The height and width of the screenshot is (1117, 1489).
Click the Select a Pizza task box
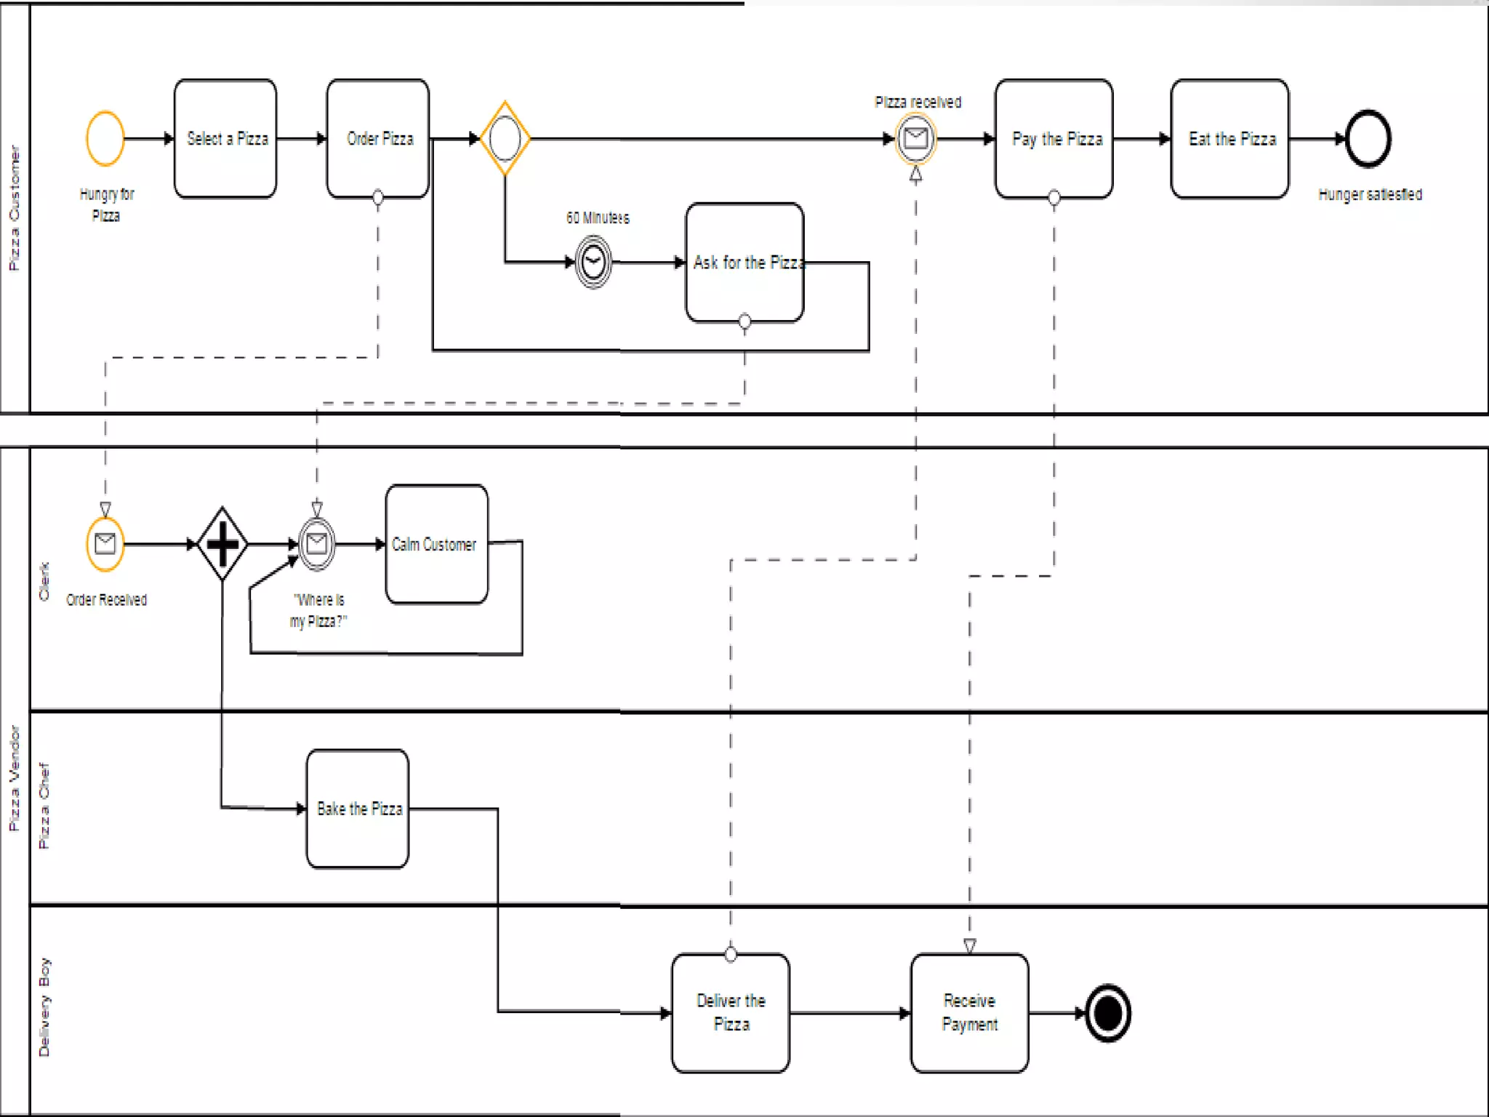[x=225, y=138]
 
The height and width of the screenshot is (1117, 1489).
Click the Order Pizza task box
[x=378, y=138]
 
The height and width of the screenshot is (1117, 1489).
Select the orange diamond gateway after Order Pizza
[x=505, y=138]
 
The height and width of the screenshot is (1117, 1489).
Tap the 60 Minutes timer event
[x=594, y=262]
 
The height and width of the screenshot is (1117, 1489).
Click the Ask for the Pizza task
[x=744, y=263]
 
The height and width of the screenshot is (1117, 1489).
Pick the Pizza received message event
[x=915, y=138]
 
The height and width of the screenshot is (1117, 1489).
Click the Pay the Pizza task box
[x=1054, y=138]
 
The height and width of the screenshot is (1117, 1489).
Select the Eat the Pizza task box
[x=1230, y=138]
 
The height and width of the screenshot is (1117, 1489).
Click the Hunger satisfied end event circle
[x=1368, y=138]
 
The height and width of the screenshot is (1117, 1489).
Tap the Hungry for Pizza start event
[x=105, y=138]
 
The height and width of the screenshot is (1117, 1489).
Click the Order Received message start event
[x=105, y=544]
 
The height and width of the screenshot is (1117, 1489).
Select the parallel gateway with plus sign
[x=222, y=544]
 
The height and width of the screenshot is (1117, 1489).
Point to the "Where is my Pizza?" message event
[x=317, y=544]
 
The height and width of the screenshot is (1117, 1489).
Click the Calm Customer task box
[x=436, y=544]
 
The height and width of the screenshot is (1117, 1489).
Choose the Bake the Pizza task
[x=358, y=809]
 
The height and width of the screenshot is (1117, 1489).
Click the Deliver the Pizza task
[x=731, y=1012]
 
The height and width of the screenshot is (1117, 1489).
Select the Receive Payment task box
[x=969, y=1012]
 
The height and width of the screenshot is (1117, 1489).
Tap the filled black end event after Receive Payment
[x=1107, y=1013]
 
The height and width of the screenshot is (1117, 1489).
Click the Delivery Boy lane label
[x=44, y=1006]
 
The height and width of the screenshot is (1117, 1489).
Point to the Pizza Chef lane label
[x=44, y=806]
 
